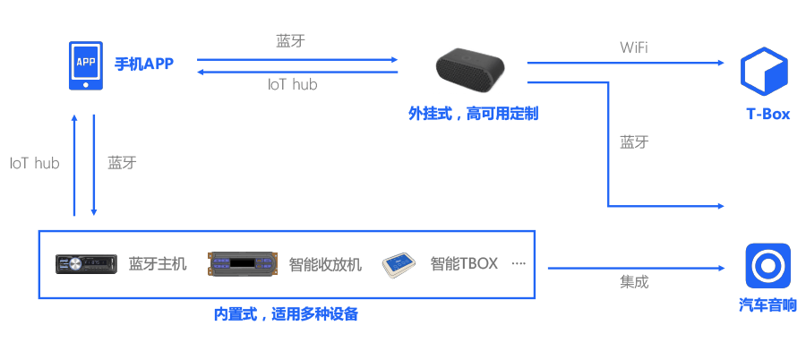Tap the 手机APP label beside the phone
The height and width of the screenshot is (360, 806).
click(x=143, y=64)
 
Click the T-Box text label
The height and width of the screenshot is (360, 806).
click(x=768, y=115)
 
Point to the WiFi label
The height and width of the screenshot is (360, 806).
click(x=634, y=46)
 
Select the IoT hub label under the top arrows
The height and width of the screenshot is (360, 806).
click(x=293, y=85)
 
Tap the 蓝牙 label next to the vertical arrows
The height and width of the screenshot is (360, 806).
click(x=122, y=163)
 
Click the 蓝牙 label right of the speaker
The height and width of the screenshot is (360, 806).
click(x=634, y=141)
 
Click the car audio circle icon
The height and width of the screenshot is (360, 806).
click(x=767, y=265)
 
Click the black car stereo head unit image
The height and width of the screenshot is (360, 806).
click(x=86, y=263)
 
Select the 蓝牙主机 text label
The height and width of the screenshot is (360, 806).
click(x=158, y=263)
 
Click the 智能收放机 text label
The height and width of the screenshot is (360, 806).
click(x=325, y=264)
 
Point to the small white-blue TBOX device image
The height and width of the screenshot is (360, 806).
click(x=400, y=264)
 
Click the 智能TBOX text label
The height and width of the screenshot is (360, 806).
click(x=463, y=263)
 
